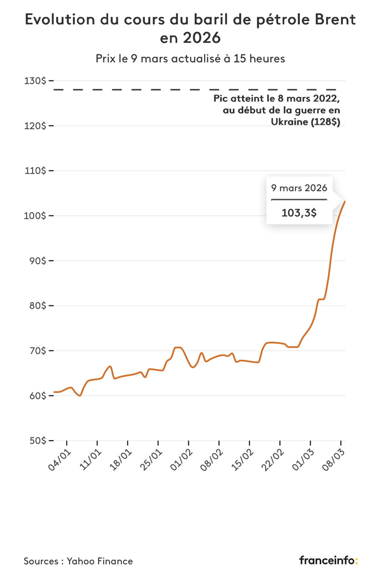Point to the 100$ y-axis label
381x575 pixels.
[36, 216]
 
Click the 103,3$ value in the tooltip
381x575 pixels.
[299, 213]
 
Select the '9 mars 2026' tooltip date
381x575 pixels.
[299, 188]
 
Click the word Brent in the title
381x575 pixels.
[331, 20]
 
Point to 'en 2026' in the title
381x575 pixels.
[190, 38]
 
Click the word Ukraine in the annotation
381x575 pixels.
[289, 123]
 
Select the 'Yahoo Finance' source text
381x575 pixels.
[100, 561]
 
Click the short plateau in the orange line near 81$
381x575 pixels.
[321, 299]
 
